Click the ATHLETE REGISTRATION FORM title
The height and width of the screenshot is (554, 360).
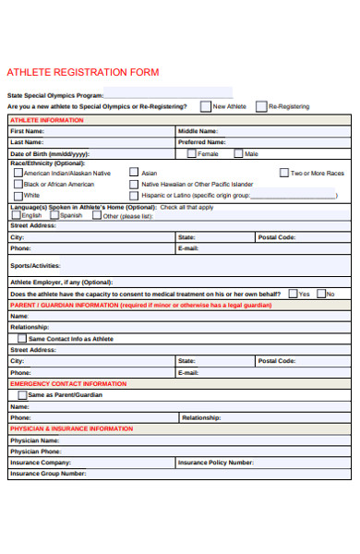(83, 72)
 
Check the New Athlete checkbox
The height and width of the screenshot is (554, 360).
(206, 106)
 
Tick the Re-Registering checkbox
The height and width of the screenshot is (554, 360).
(261, 106)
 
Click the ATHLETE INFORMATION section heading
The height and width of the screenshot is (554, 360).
(46, 120)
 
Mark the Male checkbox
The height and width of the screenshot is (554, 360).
(238, 153)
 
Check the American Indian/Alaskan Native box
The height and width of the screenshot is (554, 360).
(18, 173)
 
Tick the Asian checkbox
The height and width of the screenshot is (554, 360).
(134, 173)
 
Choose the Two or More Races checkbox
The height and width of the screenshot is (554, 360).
(283, 173)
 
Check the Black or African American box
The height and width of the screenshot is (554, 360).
(18, 184)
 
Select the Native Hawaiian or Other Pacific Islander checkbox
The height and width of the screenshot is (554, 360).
(134, 184)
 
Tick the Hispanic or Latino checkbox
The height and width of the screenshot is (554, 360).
(134, 195)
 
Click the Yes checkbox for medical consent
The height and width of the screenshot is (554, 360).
(292, 294)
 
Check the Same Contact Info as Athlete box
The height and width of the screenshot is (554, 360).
(21, 338)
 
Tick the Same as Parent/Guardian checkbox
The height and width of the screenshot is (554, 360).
(21, 394)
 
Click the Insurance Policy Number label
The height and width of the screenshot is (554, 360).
(215, 463)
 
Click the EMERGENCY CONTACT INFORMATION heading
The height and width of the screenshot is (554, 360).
(68, 383)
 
